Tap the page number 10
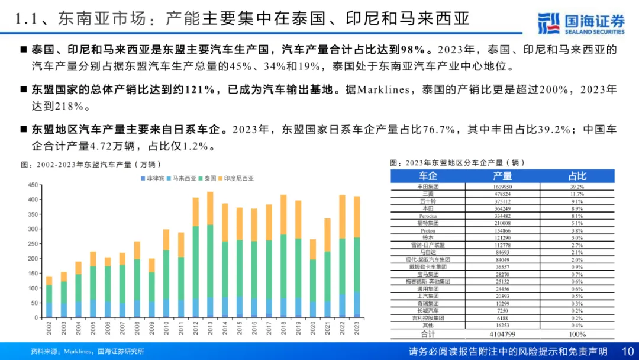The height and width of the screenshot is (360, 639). (628, 352)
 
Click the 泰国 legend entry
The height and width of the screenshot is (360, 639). (209, 178)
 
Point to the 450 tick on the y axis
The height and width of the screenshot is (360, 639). (33, 185)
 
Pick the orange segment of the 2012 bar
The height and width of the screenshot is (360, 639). (196, 212)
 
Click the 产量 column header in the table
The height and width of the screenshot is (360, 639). (502, 176)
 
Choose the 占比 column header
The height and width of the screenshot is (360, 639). (577, 176)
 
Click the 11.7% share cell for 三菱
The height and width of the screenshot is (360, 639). (577, 194)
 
